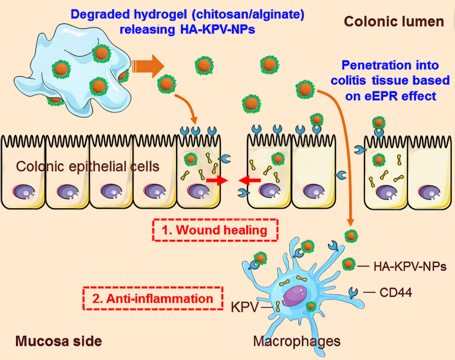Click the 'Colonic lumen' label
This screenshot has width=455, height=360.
(x=394, y=22)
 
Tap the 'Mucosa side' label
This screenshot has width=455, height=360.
(x=58, y=341)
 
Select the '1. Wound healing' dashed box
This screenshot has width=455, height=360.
(x=215, y=230)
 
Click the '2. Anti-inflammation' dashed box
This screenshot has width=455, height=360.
(x=153, y=299)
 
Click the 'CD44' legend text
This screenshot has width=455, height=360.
(x=395, y=293)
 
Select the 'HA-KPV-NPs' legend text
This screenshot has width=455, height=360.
(x=410, y=267)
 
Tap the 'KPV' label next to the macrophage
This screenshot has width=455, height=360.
(x=245, y=307)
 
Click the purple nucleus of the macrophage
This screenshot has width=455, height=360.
(x=294, y=296)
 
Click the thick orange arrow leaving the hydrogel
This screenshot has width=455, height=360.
(x=148, y=66)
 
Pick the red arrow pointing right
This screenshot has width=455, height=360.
(x=217, y=181)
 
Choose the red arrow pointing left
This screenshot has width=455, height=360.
(x=249, y=181)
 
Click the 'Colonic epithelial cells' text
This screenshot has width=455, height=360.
(x=87, y=167)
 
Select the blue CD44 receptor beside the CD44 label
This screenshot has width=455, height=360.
(x=353, y=292)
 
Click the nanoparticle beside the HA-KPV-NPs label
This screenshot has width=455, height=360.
(x=348, y=264)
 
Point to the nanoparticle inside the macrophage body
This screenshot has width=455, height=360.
(x=311, y=306)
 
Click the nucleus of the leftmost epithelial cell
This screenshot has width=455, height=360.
(x=24, y=192)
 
